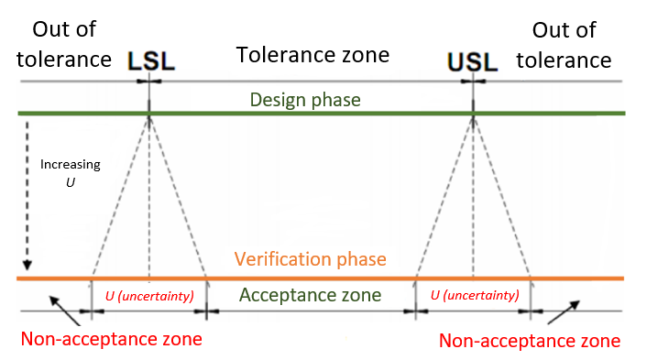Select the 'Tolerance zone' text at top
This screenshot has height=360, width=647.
(313, 55)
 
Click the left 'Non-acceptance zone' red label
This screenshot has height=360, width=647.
(110, 340)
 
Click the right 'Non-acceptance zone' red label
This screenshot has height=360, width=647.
(530, 341)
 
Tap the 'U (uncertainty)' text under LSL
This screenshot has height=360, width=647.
(148, 295)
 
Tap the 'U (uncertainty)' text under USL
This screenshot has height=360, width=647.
(474, 295)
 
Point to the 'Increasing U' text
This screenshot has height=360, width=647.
(70, 173)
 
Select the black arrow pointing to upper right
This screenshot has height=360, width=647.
(564, 308)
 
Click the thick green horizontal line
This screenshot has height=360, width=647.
(321, 114)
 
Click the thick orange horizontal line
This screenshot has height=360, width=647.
(321, 278)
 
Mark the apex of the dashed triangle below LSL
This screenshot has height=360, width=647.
(148, 115)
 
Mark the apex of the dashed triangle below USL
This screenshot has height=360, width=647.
(473, 115)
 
